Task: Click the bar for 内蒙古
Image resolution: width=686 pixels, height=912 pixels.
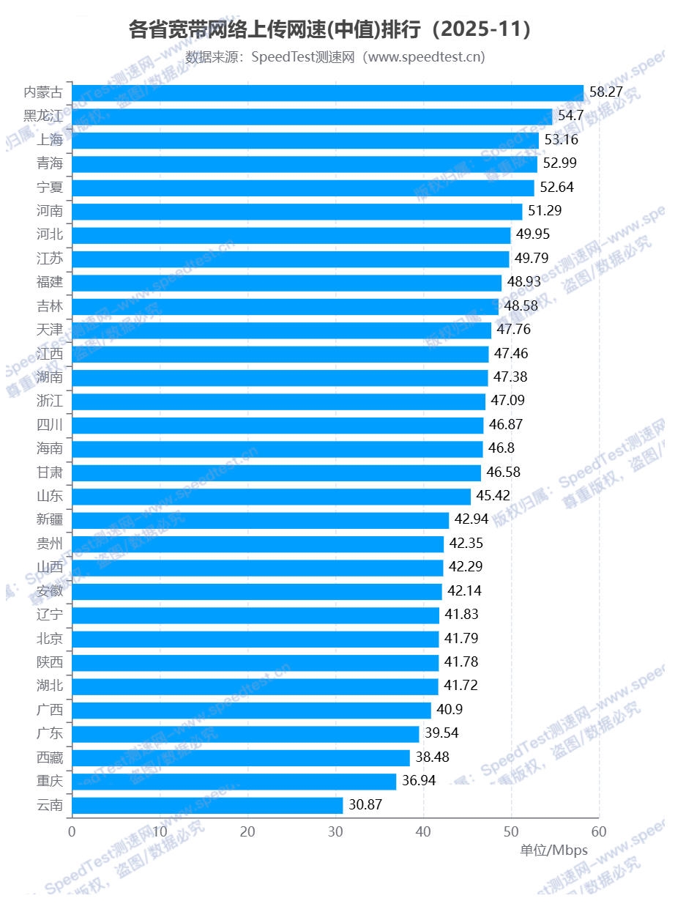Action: coord(327,92)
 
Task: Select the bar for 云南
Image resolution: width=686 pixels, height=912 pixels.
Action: coord(207,806)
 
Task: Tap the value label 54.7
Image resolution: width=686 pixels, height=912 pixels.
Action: coord(571,116)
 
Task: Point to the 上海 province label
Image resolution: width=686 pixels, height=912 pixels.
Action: coord(50,140)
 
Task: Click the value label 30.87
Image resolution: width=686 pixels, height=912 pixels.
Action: coord(365,805)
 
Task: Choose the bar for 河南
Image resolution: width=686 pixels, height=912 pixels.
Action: coord(297,211)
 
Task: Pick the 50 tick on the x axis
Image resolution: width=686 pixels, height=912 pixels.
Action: coord(512,832)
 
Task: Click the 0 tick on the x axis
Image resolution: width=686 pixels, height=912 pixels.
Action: coord(72,832)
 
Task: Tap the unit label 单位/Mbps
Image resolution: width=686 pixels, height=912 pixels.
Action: coord(553,850)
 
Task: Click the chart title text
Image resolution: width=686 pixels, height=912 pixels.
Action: coord(329,30)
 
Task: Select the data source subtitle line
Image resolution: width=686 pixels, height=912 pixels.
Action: coord(335,57)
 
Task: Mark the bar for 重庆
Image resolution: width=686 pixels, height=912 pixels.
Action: coord(234,782)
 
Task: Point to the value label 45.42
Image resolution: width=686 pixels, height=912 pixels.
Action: coord(493,496)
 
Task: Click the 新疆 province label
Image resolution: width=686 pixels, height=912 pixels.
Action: coord(50,519)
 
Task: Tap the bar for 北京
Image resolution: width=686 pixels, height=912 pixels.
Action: coord(255,639)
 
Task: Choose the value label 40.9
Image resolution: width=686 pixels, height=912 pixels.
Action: coord(450,710)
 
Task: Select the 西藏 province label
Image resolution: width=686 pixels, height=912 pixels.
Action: coord(50,757)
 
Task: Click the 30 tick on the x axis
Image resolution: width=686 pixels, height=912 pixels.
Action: coord(335,832)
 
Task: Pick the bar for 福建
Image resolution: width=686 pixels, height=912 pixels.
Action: coord(286,283)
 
